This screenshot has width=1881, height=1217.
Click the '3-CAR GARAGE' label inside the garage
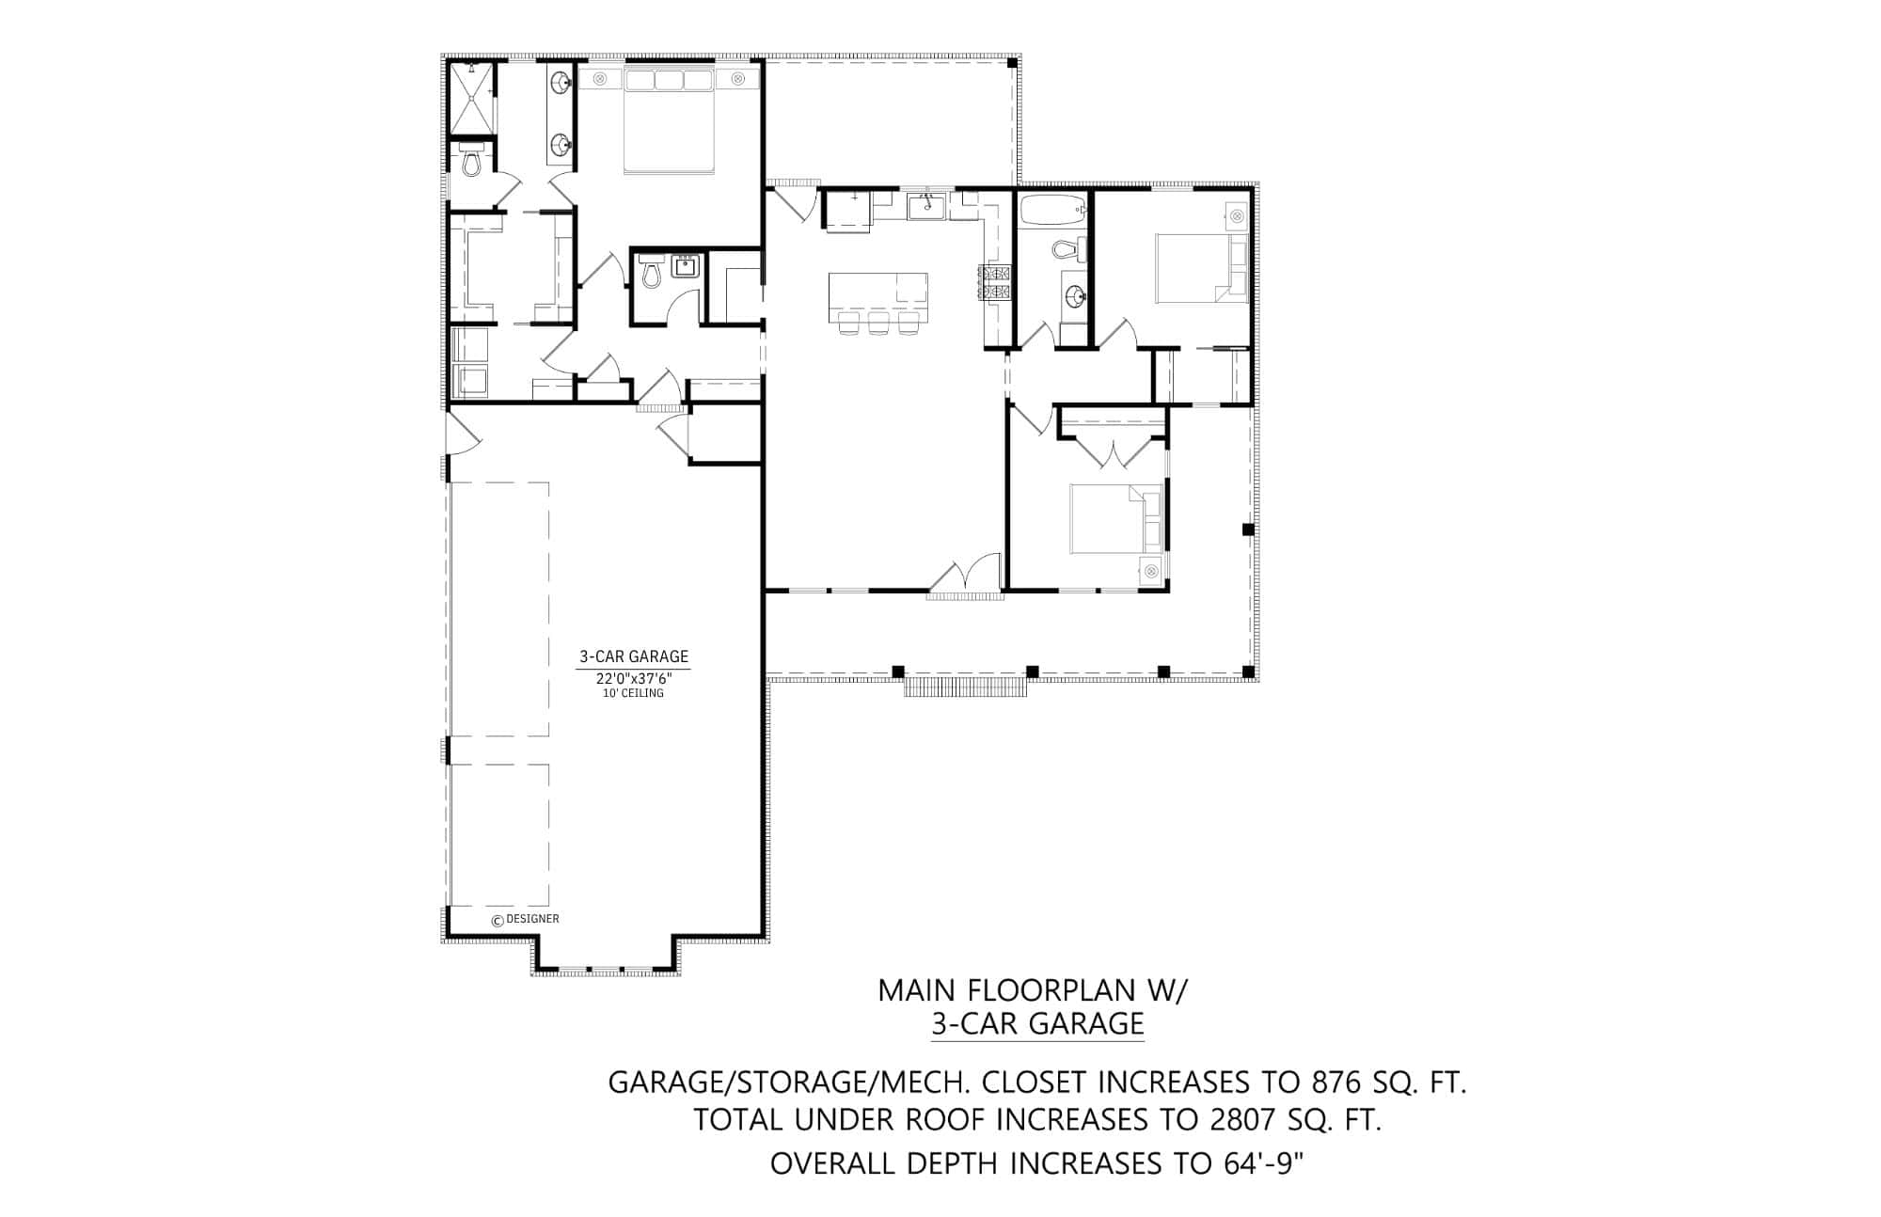tap(633, 656)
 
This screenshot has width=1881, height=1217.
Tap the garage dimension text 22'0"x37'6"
tap(633, 678)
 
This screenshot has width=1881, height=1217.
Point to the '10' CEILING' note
tap(633, 693)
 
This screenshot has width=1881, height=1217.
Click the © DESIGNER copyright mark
tap(526, 919)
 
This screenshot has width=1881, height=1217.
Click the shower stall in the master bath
tap(470, 99)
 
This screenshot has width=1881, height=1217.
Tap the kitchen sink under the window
tap(927, 204)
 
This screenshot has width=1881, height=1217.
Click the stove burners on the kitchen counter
tap(995, 281)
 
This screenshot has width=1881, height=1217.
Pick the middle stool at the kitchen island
tap(878, 324)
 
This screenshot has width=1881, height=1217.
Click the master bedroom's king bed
tap(669, 122)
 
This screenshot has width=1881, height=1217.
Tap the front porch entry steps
tap(966, 688)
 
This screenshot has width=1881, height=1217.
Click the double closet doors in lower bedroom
tap(1112, 452)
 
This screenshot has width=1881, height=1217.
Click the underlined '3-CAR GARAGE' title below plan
tap(1037, 1022)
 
